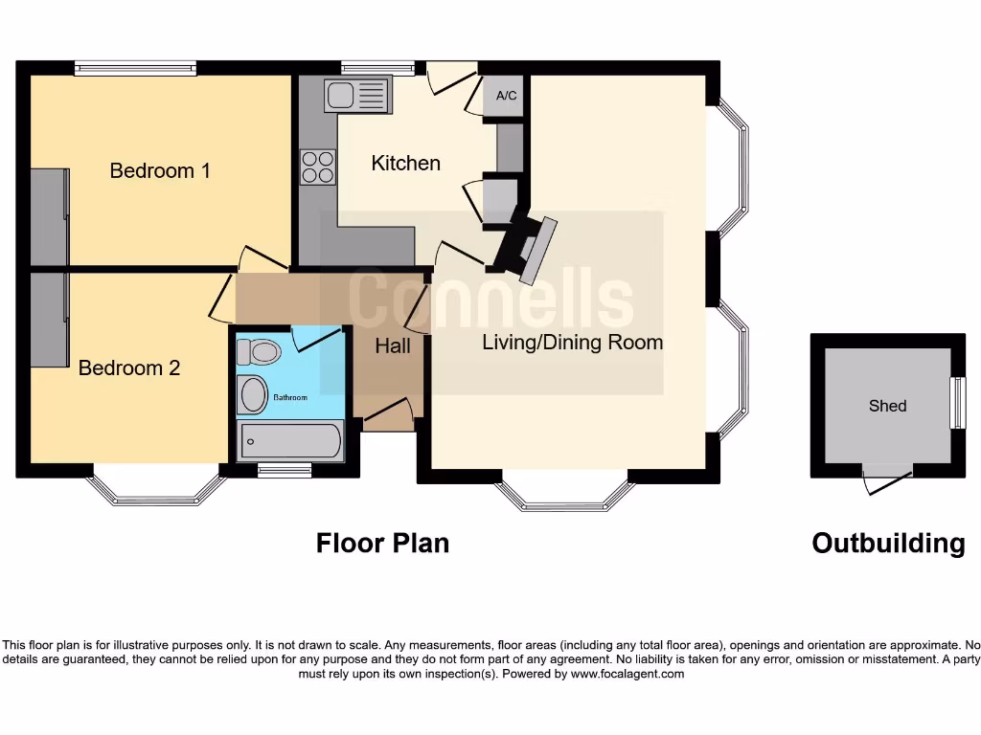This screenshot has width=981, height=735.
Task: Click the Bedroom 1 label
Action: tap(160, 170)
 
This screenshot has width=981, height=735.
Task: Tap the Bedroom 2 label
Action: tap(129, 367)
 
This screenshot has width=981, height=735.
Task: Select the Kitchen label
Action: tap(405, 163)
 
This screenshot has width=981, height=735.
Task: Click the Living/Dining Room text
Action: tap(572, 342)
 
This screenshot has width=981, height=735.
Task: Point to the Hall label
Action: tap(393, 345)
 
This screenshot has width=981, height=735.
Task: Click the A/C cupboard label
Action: tap(506, 97)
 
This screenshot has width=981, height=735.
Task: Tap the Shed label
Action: tap(887, 406)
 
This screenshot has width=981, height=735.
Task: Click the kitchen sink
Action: tap(358, 95)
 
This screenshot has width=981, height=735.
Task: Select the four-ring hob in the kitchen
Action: tap(318, 167)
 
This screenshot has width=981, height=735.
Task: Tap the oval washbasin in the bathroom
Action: tap(254, 394)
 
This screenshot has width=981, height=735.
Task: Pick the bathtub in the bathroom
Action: tap(290, 441)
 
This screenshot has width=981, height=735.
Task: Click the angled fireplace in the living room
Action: tap(527, 248)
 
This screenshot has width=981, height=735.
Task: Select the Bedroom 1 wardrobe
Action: tap(50, 216)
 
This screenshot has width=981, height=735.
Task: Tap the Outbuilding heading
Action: tap(888, 544)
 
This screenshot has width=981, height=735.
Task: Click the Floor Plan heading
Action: tap(382, 544)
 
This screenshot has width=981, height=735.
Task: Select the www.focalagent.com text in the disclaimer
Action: tap(627, 674)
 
